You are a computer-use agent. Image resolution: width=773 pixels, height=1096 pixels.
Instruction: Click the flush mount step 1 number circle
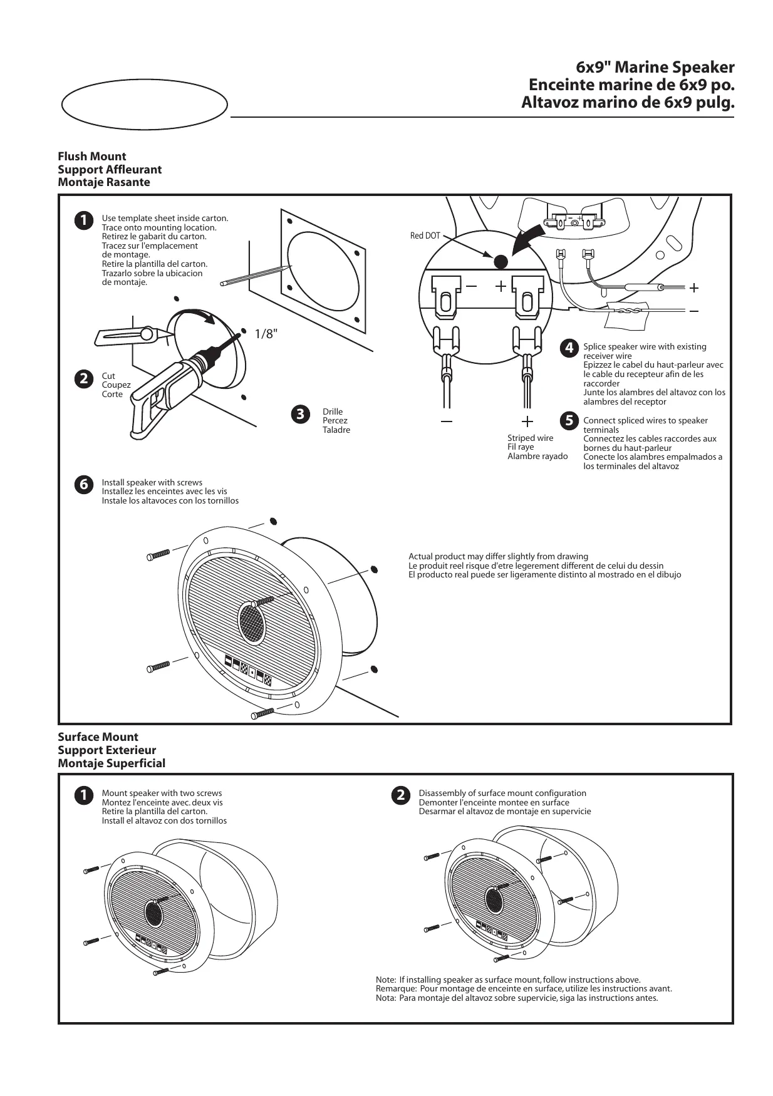(82, 220)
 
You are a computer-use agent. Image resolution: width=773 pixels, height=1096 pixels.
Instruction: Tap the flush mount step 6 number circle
(82, 484)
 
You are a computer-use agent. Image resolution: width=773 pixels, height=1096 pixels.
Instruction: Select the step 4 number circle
(569, 348)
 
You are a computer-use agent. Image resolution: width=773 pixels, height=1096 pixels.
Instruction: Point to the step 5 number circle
(569, 421)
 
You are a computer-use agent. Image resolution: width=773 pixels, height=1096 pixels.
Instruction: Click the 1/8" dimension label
(265, 334)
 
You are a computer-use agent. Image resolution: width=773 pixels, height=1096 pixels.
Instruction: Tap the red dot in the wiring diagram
(501, 262)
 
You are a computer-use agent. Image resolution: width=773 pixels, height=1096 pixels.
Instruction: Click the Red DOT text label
(425, 235)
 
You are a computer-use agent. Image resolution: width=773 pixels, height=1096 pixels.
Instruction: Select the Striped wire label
(530, 438)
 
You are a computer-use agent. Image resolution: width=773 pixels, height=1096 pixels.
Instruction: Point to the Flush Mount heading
(92, 157)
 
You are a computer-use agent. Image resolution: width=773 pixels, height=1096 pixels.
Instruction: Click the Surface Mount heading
(98, 737)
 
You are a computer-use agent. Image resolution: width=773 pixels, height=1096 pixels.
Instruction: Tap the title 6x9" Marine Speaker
(655, 68)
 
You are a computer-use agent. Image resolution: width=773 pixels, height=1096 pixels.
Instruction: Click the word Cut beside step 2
(108, 376)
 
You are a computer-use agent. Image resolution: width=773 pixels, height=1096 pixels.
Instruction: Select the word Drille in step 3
(333, 411)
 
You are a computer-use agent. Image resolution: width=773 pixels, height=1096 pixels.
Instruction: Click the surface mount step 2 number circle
(399, 795)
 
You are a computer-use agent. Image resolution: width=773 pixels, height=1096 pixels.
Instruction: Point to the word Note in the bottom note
(385, 980)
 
